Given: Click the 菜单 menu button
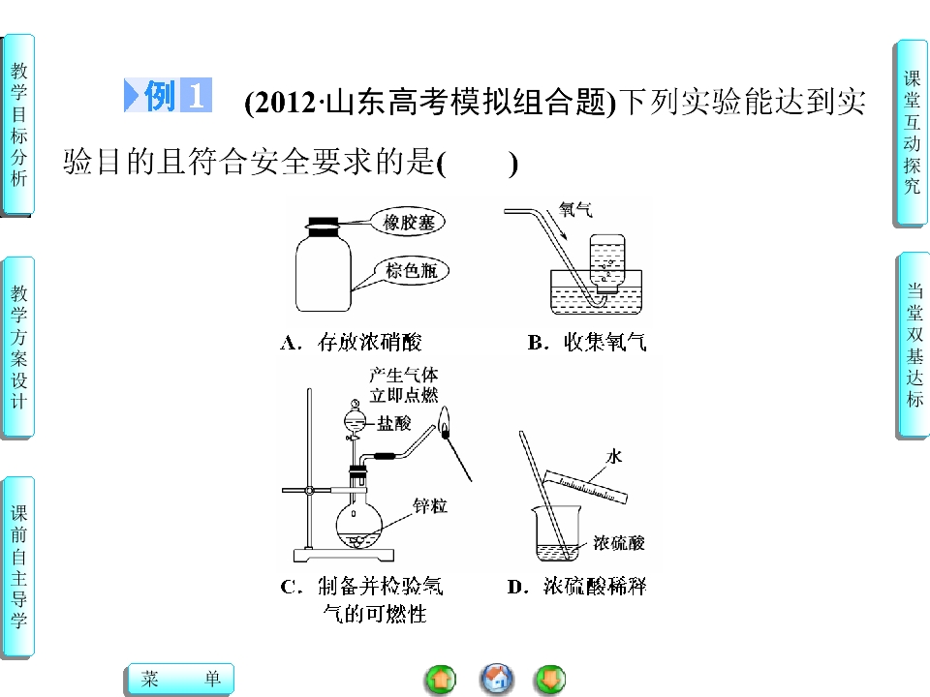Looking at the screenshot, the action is click(x=181, y=679).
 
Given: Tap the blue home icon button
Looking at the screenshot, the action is click(x=496, y=679).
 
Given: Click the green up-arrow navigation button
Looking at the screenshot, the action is click(x=441, y=680).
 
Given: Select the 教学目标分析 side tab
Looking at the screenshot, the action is click(x=18, y=125).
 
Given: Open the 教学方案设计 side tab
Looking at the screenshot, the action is click(x=18, y=348).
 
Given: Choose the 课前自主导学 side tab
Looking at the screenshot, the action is click(x=18, y=567).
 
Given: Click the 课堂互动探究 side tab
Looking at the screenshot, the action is click(x=911, y=133).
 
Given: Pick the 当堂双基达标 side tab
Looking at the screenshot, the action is click(x=914, y=346).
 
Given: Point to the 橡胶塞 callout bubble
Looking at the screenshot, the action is click(x=408, y=223).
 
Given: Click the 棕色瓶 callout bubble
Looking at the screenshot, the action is click(x=411, y=271).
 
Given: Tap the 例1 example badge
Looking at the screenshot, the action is click(x=168, y=95).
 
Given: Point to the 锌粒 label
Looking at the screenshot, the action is click(x=430, y=506).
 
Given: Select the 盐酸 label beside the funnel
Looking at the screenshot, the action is click(x=394, y=423).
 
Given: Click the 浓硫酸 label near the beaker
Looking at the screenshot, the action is click(x=619, y=543).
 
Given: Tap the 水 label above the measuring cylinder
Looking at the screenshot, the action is click(x=614, y=456).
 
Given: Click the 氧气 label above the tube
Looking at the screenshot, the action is click(x=575, y=210).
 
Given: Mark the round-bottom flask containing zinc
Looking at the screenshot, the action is click(x=358, y=524).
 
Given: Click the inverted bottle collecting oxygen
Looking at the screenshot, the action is click(x=607, y=263).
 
